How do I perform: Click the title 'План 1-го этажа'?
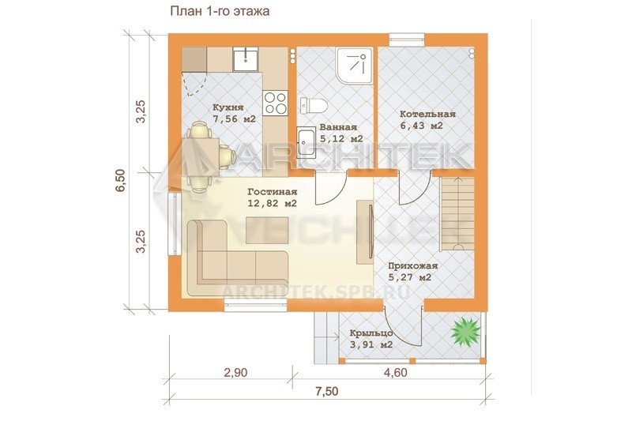click(x=220, y=11)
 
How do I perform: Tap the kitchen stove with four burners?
click(x=275, y=103)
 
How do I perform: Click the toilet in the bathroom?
click(x=313, y=105)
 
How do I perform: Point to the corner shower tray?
click(x=354, y=66)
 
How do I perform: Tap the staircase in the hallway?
click(x=457, y=214)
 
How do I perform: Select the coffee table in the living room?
click(x=267, y=230)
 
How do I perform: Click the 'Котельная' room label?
click(x=427, y=114)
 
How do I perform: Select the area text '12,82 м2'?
click(x=272, y=204)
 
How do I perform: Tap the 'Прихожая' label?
click(x=412, y=266)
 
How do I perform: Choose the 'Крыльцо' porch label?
click(x=371, y=333)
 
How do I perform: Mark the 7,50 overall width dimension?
click(x=326, y=391)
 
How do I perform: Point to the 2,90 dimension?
click(x=235, y=373)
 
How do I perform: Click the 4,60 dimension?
click(x=396, y=373)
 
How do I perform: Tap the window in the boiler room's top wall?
click(x=407, y=39)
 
